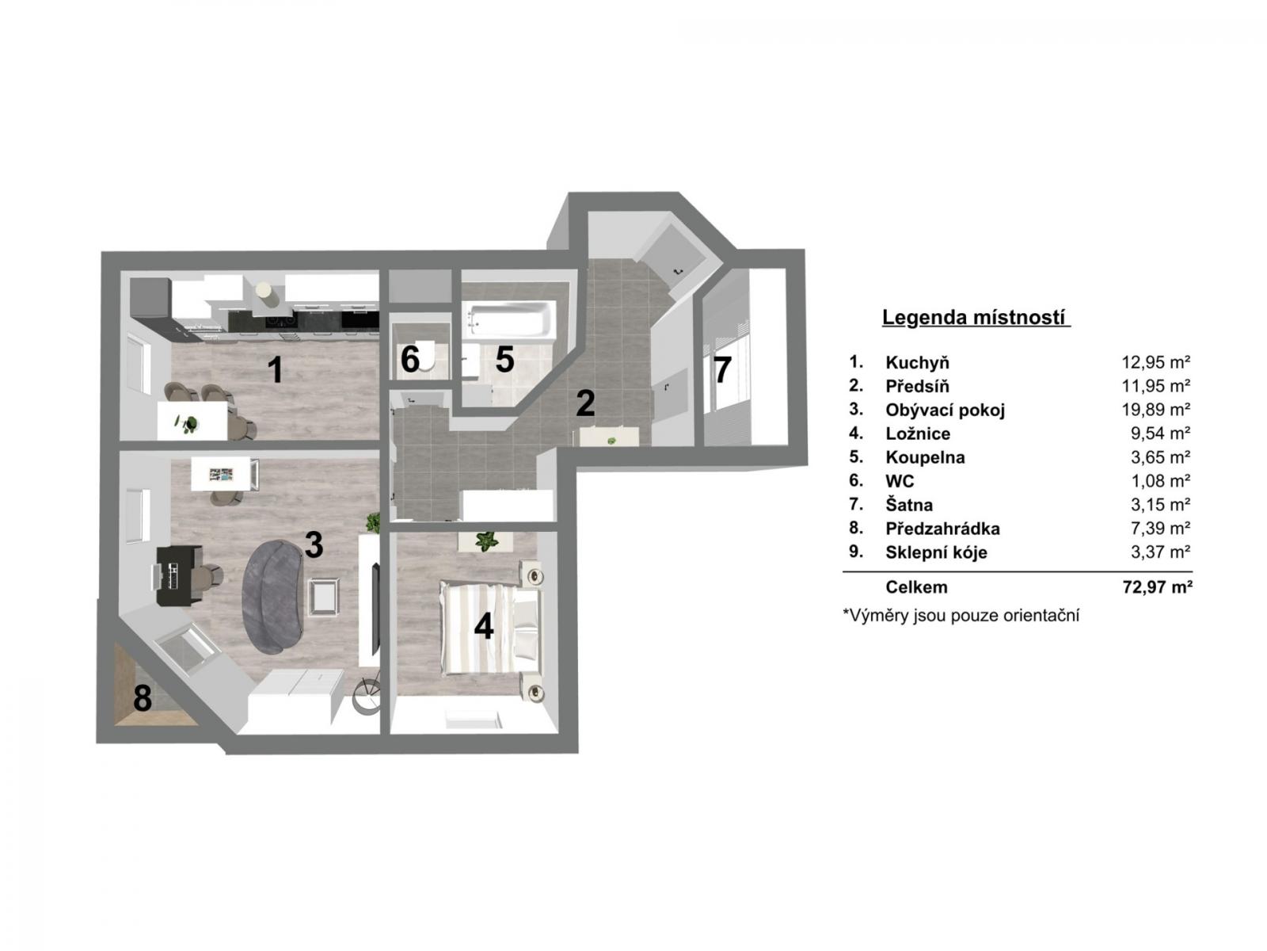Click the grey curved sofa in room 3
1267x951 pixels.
273,597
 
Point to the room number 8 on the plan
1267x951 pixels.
143,697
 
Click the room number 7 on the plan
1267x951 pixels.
722,369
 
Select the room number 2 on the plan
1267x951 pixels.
584,403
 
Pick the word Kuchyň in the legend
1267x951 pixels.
917,363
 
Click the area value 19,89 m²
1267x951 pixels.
1155,410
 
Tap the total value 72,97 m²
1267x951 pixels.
1157,587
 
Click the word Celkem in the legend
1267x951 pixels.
916,587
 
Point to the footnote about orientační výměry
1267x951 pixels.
961,616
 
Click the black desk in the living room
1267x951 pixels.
176,575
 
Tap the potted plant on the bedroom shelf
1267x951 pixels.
486,541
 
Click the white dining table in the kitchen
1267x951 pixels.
192,420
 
